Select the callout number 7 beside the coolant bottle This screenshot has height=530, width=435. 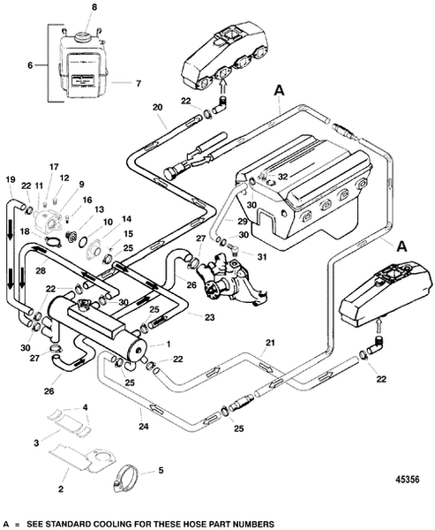pos(138,84)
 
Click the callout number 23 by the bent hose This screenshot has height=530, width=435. pos(209,317)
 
